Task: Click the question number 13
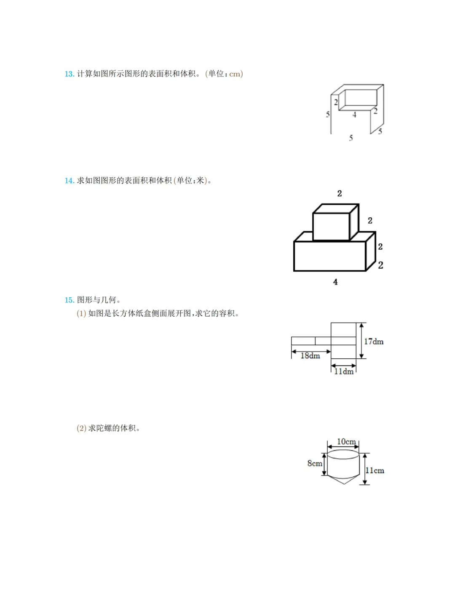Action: (69, 74)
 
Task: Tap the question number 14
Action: (69, 181)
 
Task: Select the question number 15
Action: (69, 300)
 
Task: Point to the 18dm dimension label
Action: (310, 356)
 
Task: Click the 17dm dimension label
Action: (374, 342)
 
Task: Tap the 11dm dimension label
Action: (344, 371)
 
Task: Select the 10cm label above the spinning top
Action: (346, 441)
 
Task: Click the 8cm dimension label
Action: (315, 463)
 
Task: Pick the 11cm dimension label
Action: (375, 470)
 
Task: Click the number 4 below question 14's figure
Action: (335, 282)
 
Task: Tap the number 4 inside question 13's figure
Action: (354, 115)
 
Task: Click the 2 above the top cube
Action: (340, 193)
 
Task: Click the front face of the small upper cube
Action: (331, 227)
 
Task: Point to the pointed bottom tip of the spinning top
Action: (344, 483)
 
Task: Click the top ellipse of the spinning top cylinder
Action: (343, 454)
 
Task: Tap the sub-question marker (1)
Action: (81, 314)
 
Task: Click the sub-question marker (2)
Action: (81, 428)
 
